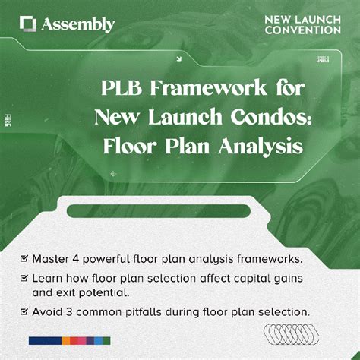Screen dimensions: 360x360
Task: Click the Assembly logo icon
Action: click(28, 24)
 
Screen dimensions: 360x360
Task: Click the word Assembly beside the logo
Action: click(79, 25)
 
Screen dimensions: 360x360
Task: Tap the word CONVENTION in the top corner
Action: click(302, 30)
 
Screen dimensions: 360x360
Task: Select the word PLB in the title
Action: click(123, 88)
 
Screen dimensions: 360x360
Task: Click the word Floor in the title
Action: click(130, 145)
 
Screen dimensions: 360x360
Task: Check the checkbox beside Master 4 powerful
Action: click(25, 258)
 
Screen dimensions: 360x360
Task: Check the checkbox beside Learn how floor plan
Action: click(25, 278)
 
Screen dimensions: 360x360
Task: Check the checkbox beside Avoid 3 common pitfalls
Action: click(25, 311)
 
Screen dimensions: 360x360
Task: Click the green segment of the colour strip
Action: click(106, 340)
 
